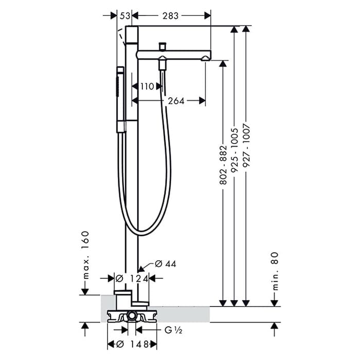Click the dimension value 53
pos(125,16)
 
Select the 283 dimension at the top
pos(170,16)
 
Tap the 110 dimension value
pos(147,86)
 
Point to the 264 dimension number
pos(176,101)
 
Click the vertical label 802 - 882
pos(223,165)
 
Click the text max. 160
pos(85,255)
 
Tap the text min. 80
pos(275,271)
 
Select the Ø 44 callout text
pos(165,264)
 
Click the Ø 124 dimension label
pos(132,279)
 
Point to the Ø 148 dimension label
pos(133,344)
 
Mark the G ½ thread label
pos(173,330)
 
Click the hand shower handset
pos(120,99)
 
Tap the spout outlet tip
pos(206,59)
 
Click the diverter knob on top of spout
pos(163,46)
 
